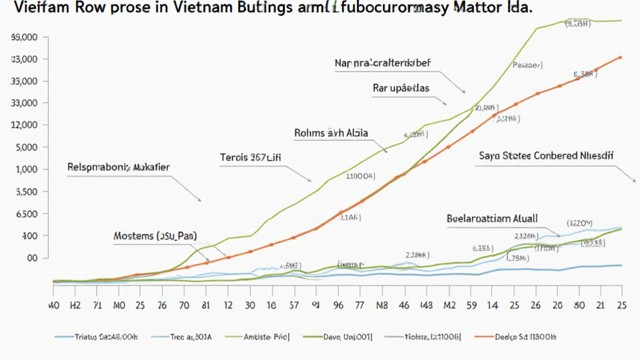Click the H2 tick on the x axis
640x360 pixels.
click(x=76, y=306)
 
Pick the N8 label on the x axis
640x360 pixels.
click(x=382, y=306)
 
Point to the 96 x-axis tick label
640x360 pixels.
click(x=338, y=306)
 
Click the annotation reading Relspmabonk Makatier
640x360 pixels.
click(x=119, y=167)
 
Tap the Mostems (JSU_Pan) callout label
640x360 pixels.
click(x=155, y=236)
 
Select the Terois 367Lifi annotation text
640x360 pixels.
click(x=251, y=157)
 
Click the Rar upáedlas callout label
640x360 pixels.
click(x=401, y=88)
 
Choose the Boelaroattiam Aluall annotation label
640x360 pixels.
click(x=492, y=219)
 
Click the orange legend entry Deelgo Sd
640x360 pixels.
click(x=529, y=336)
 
